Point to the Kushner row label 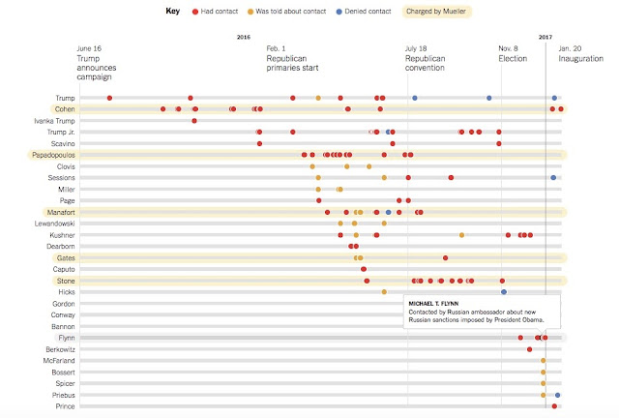tap(62, 235)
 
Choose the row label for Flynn tap(67, 338)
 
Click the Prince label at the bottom tap(66, 406)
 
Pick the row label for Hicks tap(67, 292)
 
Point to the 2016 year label tap(244, 37)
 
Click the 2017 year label tap(545, 37)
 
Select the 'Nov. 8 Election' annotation tap(513, 53)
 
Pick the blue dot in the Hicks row tap(503, 292)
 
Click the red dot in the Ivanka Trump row tap(194, 121)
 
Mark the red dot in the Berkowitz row tap(530, 349)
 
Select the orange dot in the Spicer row tap(544, 383)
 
